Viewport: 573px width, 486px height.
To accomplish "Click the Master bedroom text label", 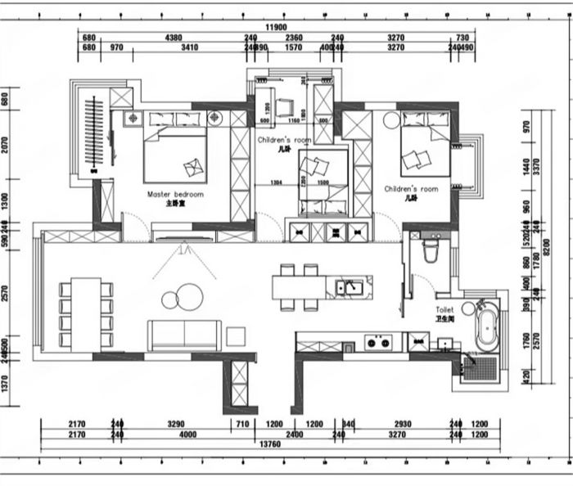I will tap(175, 195).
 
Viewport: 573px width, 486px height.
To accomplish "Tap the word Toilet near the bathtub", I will tap(444, 311).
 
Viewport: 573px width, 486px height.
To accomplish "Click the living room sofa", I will tap(184, 335).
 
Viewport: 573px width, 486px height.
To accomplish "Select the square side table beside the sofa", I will tap(237, 335).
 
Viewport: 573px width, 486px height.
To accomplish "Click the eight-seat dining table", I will tap(84, 314).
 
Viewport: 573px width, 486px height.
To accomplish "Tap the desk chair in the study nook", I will tap(284, 107).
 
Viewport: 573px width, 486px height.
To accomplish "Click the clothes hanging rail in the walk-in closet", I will tap(96, 135).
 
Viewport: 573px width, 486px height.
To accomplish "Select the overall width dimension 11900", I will tap(275, 28).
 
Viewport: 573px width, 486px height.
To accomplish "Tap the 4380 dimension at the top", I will tap(174, 38).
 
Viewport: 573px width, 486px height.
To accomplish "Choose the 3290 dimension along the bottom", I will tap(176, 425).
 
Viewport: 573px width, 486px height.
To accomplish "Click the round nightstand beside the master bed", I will tap(214, 119).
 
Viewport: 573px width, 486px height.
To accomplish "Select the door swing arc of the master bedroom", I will tap(132, 227).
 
